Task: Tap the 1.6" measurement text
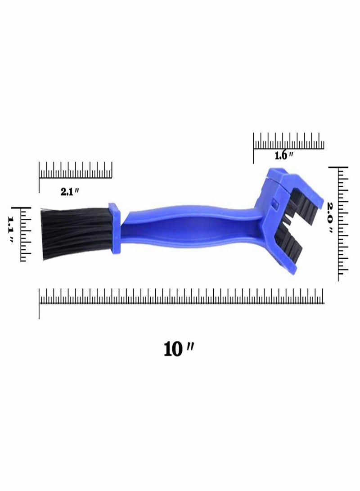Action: click(x=284, y=156)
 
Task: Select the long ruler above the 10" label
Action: click(x=182, y=297)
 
